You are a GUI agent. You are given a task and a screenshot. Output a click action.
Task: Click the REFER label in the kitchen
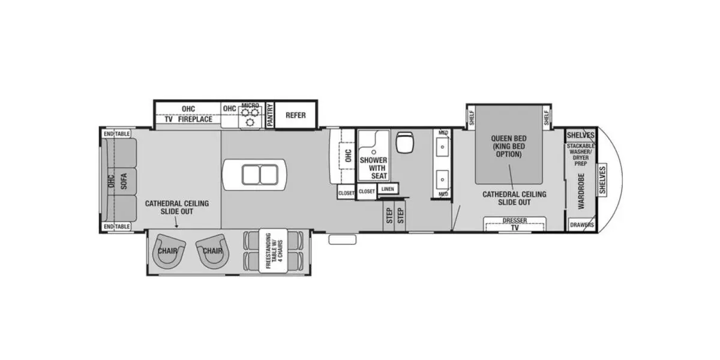pyautogui.click(x=295, y=115)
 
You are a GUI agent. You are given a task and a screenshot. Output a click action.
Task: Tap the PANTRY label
pyautogui.click(x=270, y=115)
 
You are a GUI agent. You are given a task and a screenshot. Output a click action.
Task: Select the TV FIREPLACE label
pyautogui.click(x=188, y=119)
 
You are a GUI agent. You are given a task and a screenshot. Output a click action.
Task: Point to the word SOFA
pyautogui.click(x=125, y=181)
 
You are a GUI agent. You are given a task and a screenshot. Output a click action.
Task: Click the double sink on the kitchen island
pyautogui.click(x=257, y=175)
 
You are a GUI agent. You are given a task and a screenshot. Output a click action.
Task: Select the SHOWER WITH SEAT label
pyautogui.click(x=373, y=168)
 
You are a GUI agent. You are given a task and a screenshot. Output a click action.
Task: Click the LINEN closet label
pyautogui.click(x=387, y=190)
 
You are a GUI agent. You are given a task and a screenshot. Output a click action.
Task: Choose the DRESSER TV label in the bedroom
pyautogui.click(x=514, y=224)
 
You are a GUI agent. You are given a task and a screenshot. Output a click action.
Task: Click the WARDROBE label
pyautogui.click(x=581, y=191)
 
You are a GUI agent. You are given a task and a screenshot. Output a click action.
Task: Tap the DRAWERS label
pyautogui.click(x=582, y=226)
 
